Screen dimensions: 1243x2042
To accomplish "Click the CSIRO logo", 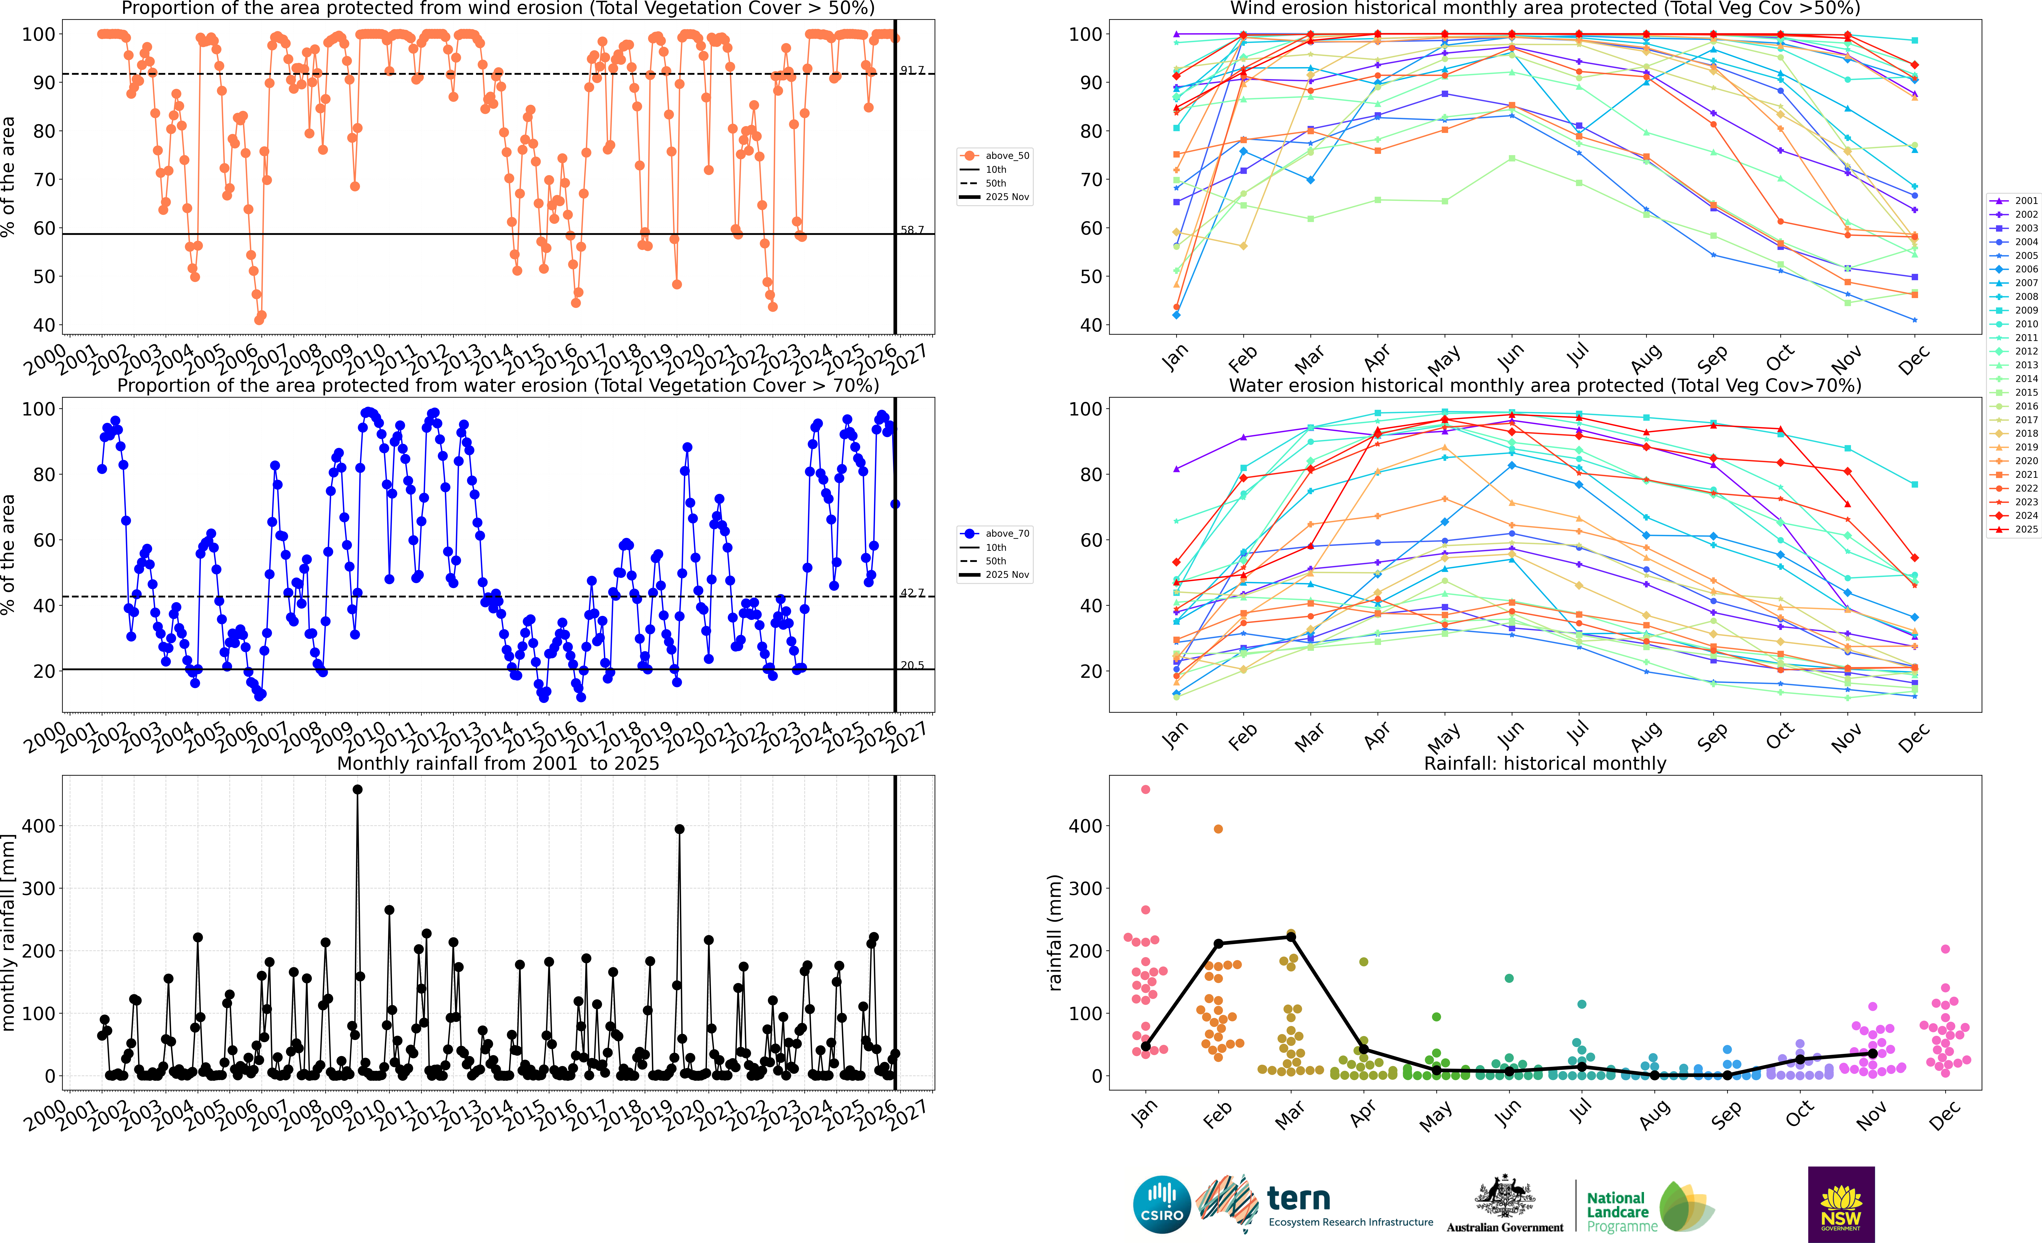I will coord(1162,1204).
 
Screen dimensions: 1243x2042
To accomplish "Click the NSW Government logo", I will coord(1841,1204).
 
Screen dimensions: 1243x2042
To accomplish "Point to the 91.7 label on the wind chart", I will coord(912,70).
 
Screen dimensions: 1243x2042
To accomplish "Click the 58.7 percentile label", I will coord(912,230).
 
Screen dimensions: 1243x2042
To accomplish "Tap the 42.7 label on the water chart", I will coord(912,593).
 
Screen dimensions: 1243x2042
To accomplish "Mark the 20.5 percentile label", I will coord(912,665).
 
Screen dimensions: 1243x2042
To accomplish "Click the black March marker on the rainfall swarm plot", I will coord(1290,937).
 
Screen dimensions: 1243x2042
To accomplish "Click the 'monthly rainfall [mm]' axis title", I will coord(9,932).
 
